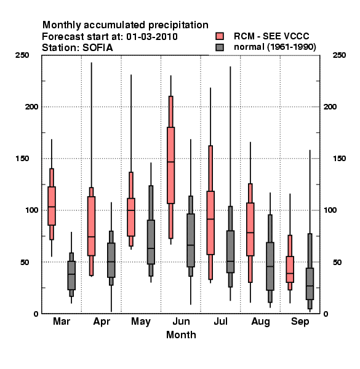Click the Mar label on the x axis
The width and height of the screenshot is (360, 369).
62,321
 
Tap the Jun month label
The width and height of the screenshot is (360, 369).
181,321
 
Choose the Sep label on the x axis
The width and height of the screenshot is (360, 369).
300,322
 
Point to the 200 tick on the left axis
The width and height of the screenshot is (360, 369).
31,106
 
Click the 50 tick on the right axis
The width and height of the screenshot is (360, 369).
337,262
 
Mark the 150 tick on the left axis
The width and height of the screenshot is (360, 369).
22,159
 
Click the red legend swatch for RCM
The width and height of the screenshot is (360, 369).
220,36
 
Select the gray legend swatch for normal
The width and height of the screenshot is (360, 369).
220,47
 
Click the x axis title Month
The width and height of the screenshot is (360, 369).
181,335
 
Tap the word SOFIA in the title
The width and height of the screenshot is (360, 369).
97,48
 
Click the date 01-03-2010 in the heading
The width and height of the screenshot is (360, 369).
152,37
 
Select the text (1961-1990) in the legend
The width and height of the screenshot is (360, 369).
292,47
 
